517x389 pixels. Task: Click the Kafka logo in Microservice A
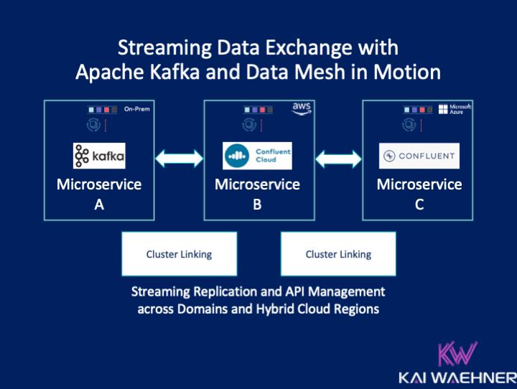coord(99,156)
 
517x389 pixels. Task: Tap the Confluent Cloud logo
coord(257,155)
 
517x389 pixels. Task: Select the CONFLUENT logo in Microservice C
coord(419,156)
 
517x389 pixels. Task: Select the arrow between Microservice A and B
coord(180,156)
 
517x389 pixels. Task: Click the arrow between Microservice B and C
coord(337,156)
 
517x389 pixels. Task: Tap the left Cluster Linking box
coord(179,254)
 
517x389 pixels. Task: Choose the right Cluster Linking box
coord(338,254)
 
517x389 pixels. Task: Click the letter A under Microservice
coord(99,205)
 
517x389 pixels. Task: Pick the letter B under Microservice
coord(257,205)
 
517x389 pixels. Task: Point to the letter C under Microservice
coord(419,205)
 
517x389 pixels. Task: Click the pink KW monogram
coord(456,356)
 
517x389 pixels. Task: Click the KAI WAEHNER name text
coord(457,378)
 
